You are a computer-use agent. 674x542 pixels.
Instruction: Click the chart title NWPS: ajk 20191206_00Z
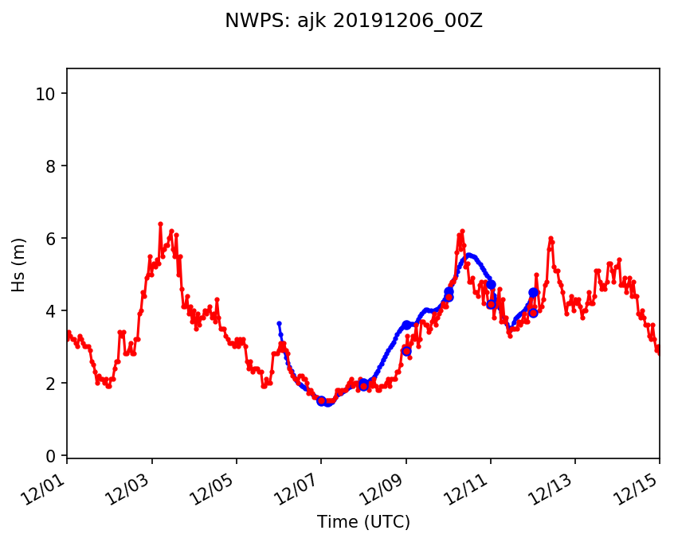[x=354, y=21]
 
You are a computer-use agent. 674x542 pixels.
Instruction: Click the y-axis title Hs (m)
[x=18, y=264]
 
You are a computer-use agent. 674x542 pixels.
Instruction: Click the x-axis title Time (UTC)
[x=362, y=522]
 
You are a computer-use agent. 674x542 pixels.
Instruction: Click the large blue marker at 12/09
[x=406, y=325]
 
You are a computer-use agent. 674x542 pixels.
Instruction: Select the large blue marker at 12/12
[x=533, y=293]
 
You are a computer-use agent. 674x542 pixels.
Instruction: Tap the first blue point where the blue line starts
[x=279, y=323]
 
